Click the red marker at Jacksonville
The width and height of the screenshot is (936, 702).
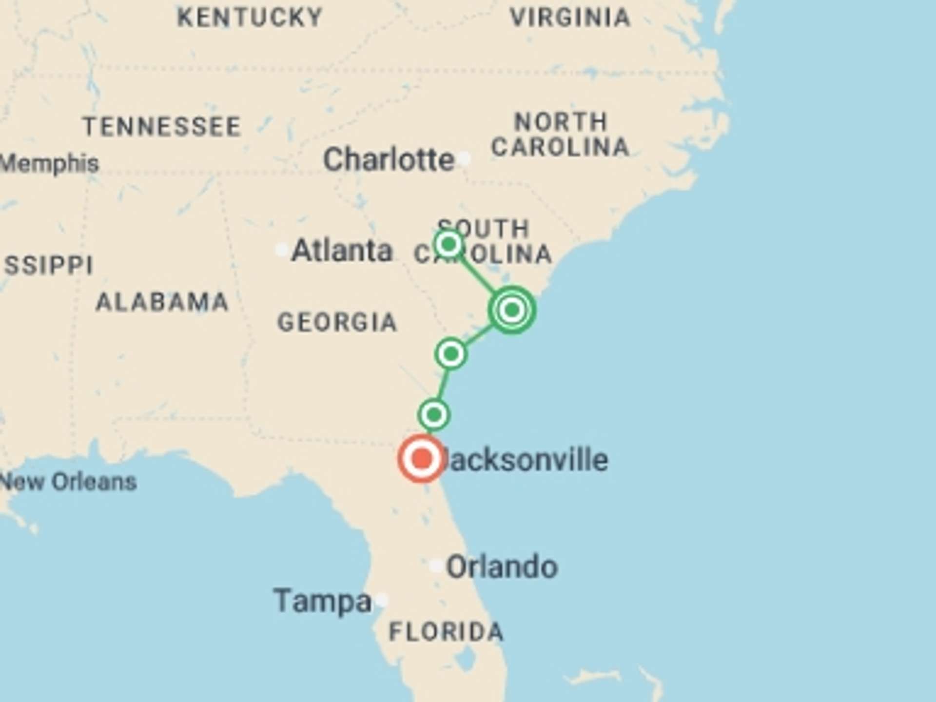[x=422, y=459]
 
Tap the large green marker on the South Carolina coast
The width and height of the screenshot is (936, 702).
[x=512, y=310]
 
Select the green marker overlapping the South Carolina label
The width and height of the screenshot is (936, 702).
[x=449, y=243]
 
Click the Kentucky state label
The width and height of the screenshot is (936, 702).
[x=250, y=18]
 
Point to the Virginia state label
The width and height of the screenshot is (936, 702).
[x=570, y=18]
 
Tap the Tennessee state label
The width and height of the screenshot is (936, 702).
[x=162, y=127]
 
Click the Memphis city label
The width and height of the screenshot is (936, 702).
[x=49, y=163]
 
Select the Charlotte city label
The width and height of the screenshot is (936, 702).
[x=389, y=159]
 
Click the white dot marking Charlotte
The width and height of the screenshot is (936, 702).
[x=464, y=158]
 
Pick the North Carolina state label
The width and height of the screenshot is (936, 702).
[x=560, y=135]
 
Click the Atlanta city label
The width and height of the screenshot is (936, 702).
[x=342, y=251]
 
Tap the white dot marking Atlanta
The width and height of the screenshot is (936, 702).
[x=281, y=250]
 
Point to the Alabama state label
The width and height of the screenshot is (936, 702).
[x=162, y=302]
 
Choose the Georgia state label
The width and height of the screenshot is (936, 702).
[x=337, y=322]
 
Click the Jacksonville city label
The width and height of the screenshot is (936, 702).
[x=526, y=460]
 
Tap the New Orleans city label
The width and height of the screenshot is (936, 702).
[x=68, y=482]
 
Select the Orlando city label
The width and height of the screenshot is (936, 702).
[x=502, y=566]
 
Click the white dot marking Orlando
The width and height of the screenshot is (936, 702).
[x=436, y=566]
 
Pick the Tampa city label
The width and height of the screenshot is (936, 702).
[x=323, y=601]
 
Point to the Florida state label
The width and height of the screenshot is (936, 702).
[x=446, y=632]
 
